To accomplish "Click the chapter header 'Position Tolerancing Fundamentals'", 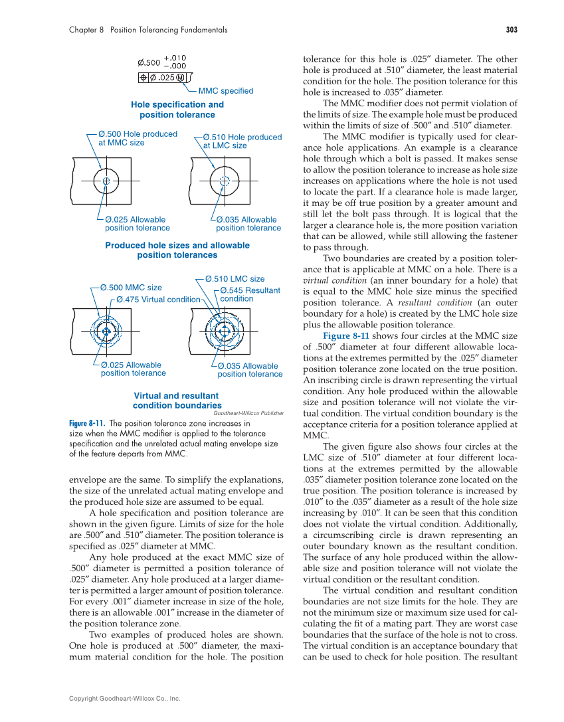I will pos(169,30).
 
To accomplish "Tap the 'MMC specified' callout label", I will pos(226,91).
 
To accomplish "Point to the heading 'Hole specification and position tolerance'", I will pos(177,110).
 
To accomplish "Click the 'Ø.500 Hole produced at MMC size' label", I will pos(138,138).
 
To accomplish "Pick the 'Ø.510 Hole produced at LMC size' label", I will pos(242,141).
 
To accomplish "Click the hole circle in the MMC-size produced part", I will pos(106,180).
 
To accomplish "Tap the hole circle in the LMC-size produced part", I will pos(225,180).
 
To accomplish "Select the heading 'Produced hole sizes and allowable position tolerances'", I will pos(177,250).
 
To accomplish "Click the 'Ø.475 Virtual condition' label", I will pos(158,300).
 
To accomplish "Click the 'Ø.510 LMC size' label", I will pos(235,279).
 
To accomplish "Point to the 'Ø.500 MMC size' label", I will pos(131,288).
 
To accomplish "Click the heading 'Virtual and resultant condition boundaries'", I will pos(177,401).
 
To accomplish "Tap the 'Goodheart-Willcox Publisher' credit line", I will pos(248,413).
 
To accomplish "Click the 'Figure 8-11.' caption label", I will pos(87,423).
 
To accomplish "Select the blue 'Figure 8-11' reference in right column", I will pos(345,336).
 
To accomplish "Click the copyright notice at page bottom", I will pos(125,698).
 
